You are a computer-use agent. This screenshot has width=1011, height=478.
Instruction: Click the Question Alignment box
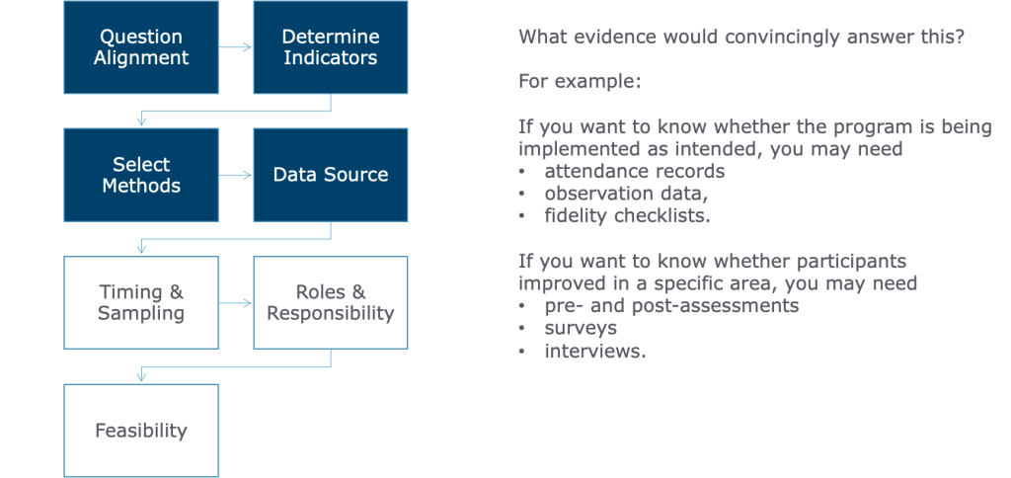[x=141, y=47]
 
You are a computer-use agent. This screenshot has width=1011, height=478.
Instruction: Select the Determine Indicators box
[x=331, y=47]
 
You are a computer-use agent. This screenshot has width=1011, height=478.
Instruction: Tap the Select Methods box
[x=141, y=175]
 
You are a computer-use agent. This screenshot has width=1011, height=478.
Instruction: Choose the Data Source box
[x=331, y=175]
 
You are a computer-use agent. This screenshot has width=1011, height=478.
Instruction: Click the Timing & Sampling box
[x=141, y=302]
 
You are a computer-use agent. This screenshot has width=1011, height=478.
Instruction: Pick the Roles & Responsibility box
[x=331, y=302]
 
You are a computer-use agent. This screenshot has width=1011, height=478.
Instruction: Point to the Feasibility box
[x=141, y=431]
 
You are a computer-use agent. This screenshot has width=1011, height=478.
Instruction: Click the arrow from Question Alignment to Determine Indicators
[x=235, y=47]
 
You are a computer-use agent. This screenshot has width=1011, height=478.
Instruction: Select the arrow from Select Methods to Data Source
[x=235, y=175]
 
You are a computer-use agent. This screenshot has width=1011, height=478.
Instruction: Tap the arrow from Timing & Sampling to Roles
[x=235, y=302]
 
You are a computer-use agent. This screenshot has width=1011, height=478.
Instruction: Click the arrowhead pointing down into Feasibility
[x=142, y=377]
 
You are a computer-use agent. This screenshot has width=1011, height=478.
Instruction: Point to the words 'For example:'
[x=580, y=82]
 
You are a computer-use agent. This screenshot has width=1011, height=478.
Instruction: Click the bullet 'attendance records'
[x=635, y=171]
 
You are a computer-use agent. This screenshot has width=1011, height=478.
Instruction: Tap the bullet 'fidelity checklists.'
[x=627, y=215]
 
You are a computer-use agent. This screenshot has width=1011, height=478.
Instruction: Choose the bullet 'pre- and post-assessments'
[x=671, y=305]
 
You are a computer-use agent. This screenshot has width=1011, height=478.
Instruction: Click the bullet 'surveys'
[x=581, y=328]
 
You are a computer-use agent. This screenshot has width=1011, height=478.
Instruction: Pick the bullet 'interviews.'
[x=595, y=351]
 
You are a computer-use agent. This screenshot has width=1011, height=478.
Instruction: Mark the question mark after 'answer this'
[x=959, y=37]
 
